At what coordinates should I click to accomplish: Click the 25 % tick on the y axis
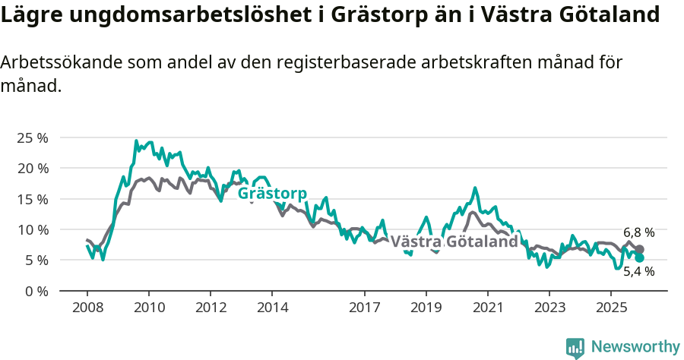(x=32, y=137)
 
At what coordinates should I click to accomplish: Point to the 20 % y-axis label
(x=32, y=168)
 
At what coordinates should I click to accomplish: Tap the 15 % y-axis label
(x=32, y=199)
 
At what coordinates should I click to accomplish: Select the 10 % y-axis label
(x=32, y=229)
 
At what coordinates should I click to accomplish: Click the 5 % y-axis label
(x=35, y=260)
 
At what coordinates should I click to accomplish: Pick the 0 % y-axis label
(x=35, y=291)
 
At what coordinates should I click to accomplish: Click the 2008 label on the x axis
(x=87, y=308)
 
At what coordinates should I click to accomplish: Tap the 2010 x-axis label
(x=149, y=308)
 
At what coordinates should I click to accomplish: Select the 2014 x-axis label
(x=272, y=308)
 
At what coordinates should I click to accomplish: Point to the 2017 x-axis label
(x=364, y=308)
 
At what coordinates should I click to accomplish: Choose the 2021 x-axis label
(x=487, y=308)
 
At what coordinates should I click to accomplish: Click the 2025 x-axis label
(x=610, y=308)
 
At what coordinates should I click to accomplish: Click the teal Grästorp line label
(x=272, y=194)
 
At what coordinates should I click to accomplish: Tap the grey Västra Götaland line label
(x=454, y=242)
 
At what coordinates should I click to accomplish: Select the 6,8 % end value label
(x=638, y=232)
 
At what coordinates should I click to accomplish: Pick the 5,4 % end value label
(x=638, y=271)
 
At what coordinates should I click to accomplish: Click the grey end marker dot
(x=640, y=249)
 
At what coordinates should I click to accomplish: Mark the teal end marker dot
(x=640, y=258)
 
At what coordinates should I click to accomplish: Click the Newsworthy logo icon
(x=575, y=347)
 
